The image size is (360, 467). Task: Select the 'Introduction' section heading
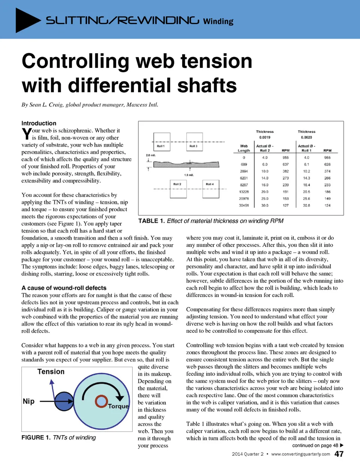pos(39,123)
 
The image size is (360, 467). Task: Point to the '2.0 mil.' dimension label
pos(151,155)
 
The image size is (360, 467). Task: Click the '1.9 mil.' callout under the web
pos(189,175)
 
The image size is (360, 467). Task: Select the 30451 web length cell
pos(244,205)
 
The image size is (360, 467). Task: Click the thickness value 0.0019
pos(265,137)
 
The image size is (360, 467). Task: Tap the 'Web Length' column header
pos(244,148)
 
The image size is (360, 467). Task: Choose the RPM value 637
pos(286,164)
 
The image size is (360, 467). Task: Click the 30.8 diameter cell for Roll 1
pos(306,205)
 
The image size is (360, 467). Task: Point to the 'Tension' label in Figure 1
pos(51,372)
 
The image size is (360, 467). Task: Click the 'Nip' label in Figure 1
pos(28,401)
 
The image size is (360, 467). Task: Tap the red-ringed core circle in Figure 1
pos(101,401)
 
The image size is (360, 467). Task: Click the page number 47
pos(339,454)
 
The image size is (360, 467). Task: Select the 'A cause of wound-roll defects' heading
pos(64,288)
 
